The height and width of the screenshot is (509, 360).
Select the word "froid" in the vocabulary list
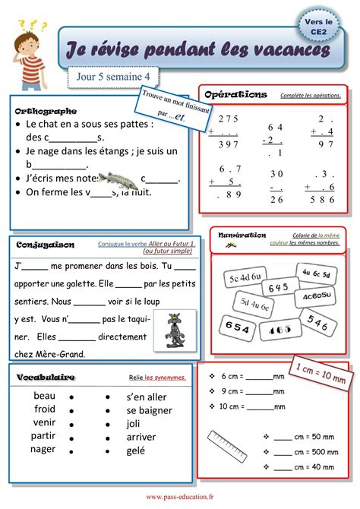[x=45, y=409]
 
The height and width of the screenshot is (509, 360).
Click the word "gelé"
[x=136, y=451]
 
